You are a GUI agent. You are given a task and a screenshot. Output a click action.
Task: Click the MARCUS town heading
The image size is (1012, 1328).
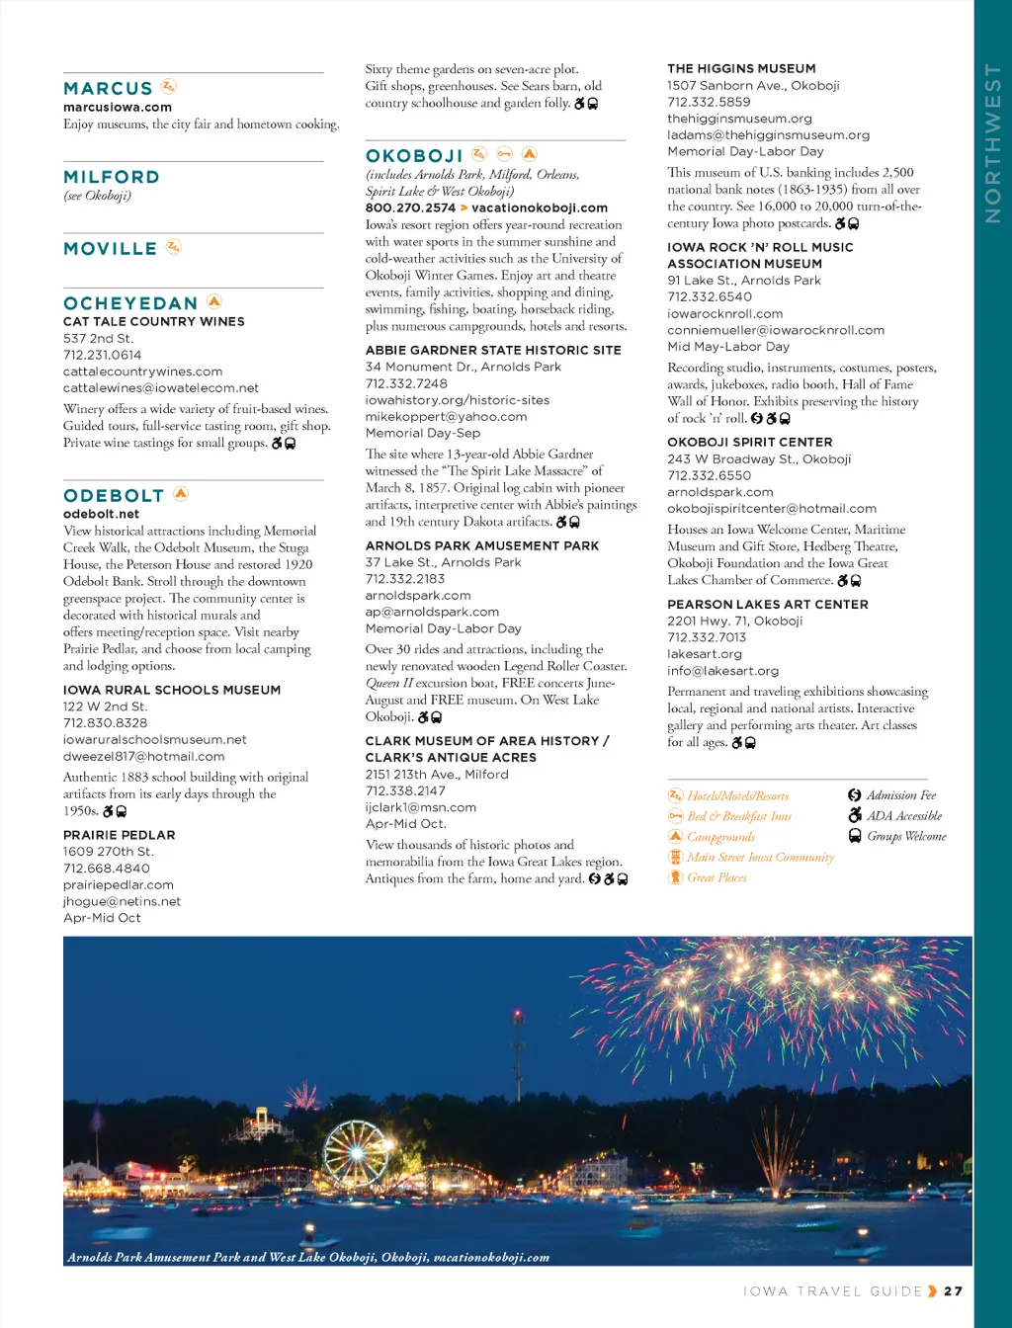coord(108,89)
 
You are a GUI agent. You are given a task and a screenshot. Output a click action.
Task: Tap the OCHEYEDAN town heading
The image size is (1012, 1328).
coord(130,303)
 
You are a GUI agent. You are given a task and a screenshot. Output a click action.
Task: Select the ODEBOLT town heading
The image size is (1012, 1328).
coord(114,496)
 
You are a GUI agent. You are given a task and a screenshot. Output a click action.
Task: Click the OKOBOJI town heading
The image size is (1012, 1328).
coord(414,156)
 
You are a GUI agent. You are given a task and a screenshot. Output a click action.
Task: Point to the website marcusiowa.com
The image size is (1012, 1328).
coord(118,108)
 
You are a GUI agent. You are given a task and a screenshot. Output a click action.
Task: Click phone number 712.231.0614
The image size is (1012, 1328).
coord(102,355)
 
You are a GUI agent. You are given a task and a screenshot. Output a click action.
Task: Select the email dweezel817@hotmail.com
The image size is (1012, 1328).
coord(143,756)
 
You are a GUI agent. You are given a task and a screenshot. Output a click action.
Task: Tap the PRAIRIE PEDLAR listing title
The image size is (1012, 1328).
coord(119,835)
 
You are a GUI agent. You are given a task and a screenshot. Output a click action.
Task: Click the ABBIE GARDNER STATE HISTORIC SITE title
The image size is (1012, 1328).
coord(493,350)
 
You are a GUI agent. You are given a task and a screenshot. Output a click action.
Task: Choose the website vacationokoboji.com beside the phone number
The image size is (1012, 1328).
coord(540,207)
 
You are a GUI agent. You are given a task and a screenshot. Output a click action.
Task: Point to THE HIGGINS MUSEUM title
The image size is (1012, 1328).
coord(741,68)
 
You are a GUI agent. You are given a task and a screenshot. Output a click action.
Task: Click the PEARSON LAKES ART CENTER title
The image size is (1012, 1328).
coord(768,604)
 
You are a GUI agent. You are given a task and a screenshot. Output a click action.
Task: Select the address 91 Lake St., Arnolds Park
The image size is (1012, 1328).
coord(744,280)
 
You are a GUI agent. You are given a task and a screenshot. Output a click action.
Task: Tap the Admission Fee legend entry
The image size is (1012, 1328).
coord(900,795)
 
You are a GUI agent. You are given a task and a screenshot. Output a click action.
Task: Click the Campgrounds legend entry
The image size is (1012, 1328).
coord(720,837)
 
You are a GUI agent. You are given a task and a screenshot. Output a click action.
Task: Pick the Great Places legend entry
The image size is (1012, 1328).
coord(717,877)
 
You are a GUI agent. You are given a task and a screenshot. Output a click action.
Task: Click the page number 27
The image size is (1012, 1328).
coord(953,1290)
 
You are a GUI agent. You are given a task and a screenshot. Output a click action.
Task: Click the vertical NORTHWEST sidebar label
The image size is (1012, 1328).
coord(993,143)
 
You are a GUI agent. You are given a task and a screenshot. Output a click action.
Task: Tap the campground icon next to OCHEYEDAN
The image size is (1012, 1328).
coord(214,301)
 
